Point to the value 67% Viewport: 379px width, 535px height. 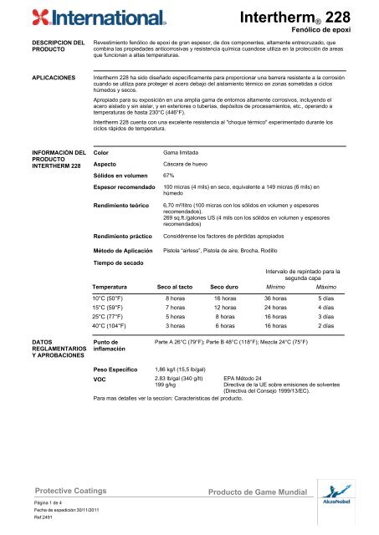[168, 176]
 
